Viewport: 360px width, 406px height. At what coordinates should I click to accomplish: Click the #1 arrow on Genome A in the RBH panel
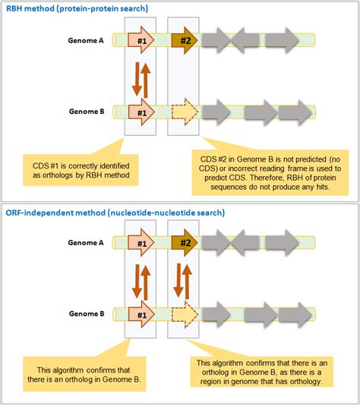141,40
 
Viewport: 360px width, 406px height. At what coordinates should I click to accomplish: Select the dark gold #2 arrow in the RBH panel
185,40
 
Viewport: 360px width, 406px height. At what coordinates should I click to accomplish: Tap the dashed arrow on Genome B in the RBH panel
185,112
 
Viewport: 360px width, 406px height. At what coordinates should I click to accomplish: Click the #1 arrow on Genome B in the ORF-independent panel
141,314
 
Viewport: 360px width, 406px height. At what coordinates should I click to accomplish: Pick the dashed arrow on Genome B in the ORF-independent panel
185,314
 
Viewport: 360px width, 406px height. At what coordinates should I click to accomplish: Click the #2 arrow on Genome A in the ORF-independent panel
185,243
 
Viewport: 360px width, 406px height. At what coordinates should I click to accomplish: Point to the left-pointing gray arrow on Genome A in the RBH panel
245,40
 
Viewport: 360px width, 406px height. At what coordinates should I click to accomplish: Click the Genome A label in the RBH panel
86,40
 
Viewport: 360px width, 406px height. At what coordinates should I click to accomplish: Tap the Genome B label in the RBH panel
87,112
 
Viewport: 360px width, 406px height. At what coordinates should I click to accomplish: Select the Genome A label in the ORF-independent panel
86,243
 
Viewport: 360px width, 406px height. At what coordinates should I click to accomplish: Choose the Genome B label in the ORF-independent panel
87,313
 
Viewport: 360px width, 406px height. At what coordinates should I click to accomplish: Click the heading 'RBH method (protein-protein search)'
77,8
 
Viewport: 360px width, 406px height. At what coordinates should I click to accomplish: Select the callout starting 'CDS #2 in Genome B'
270,173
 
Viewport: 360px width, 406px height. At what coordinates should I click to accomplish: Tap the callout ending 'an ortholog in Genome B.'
84,374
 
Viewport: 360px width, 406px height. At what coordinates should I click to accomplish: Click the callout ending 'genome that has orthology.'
261,372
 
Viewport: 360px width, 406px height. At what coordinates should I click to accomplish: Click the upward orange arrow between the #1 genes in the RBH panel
146,80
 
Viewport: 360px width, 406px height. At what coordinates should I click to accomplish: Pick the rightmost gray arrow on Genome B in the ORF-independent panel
295,314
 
